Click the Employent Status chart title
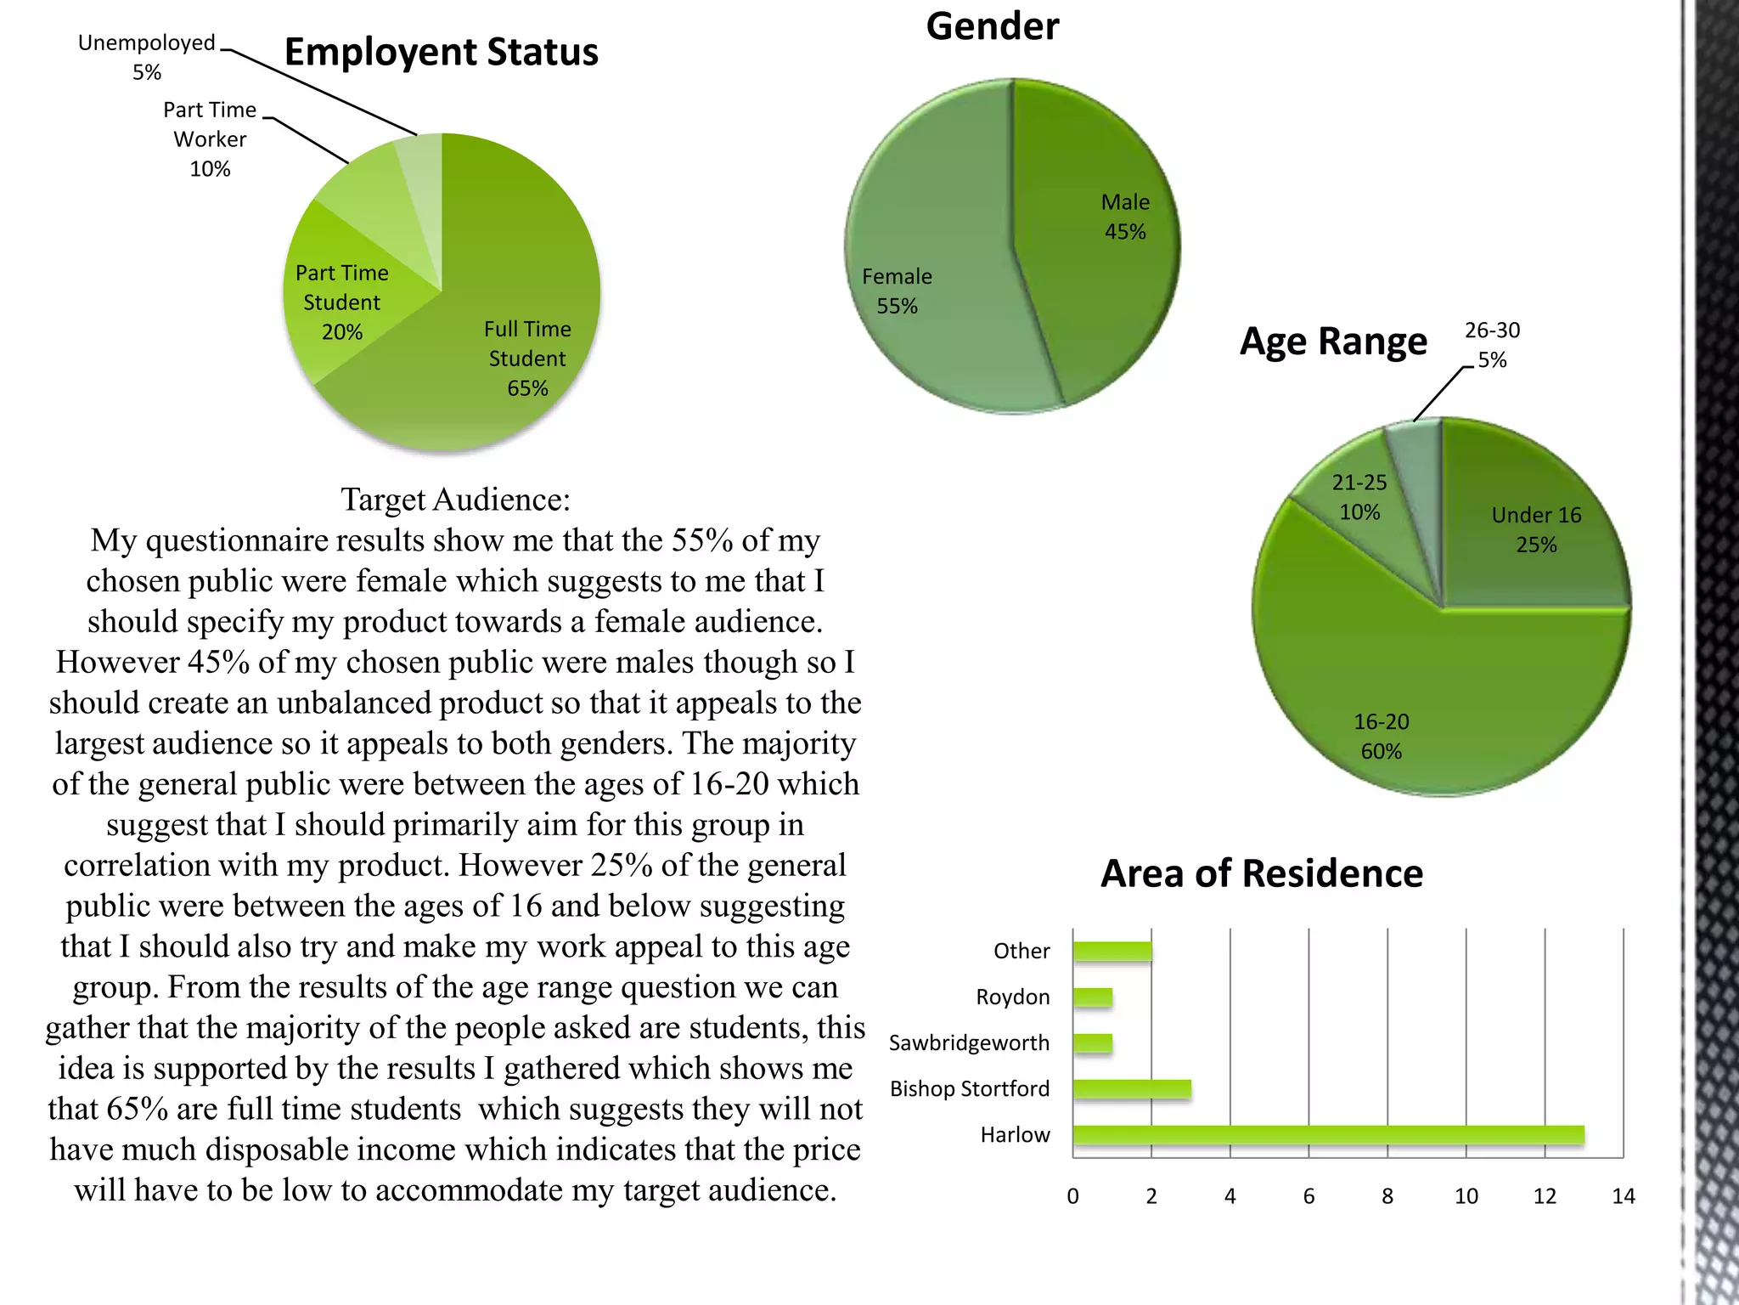(441, 52)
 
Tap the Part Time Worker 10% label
(210, 139)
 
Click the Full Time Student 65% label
(527, 359)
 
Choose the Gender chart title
(992, 26)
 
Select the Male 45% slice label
(1125, 217)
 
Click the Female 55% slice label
(897, 291)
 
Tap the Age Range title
(1333, 342)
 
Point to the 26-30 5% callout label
(1492, 344)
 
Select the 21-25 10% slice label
(1359, 497)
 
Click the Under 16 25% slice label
(1536, 529)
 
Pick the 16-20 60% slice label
(1381, 736)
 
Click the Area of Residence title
(1262, 873)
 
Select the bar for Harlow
(1328, 1134)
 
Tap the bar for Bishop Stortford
(1132, 1088)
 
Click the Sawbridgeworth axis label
(969, 1042)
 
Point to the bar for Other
(1112, 951)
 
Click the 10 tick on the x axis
(1466, 1196)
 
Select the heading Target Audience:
(455, 500)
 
